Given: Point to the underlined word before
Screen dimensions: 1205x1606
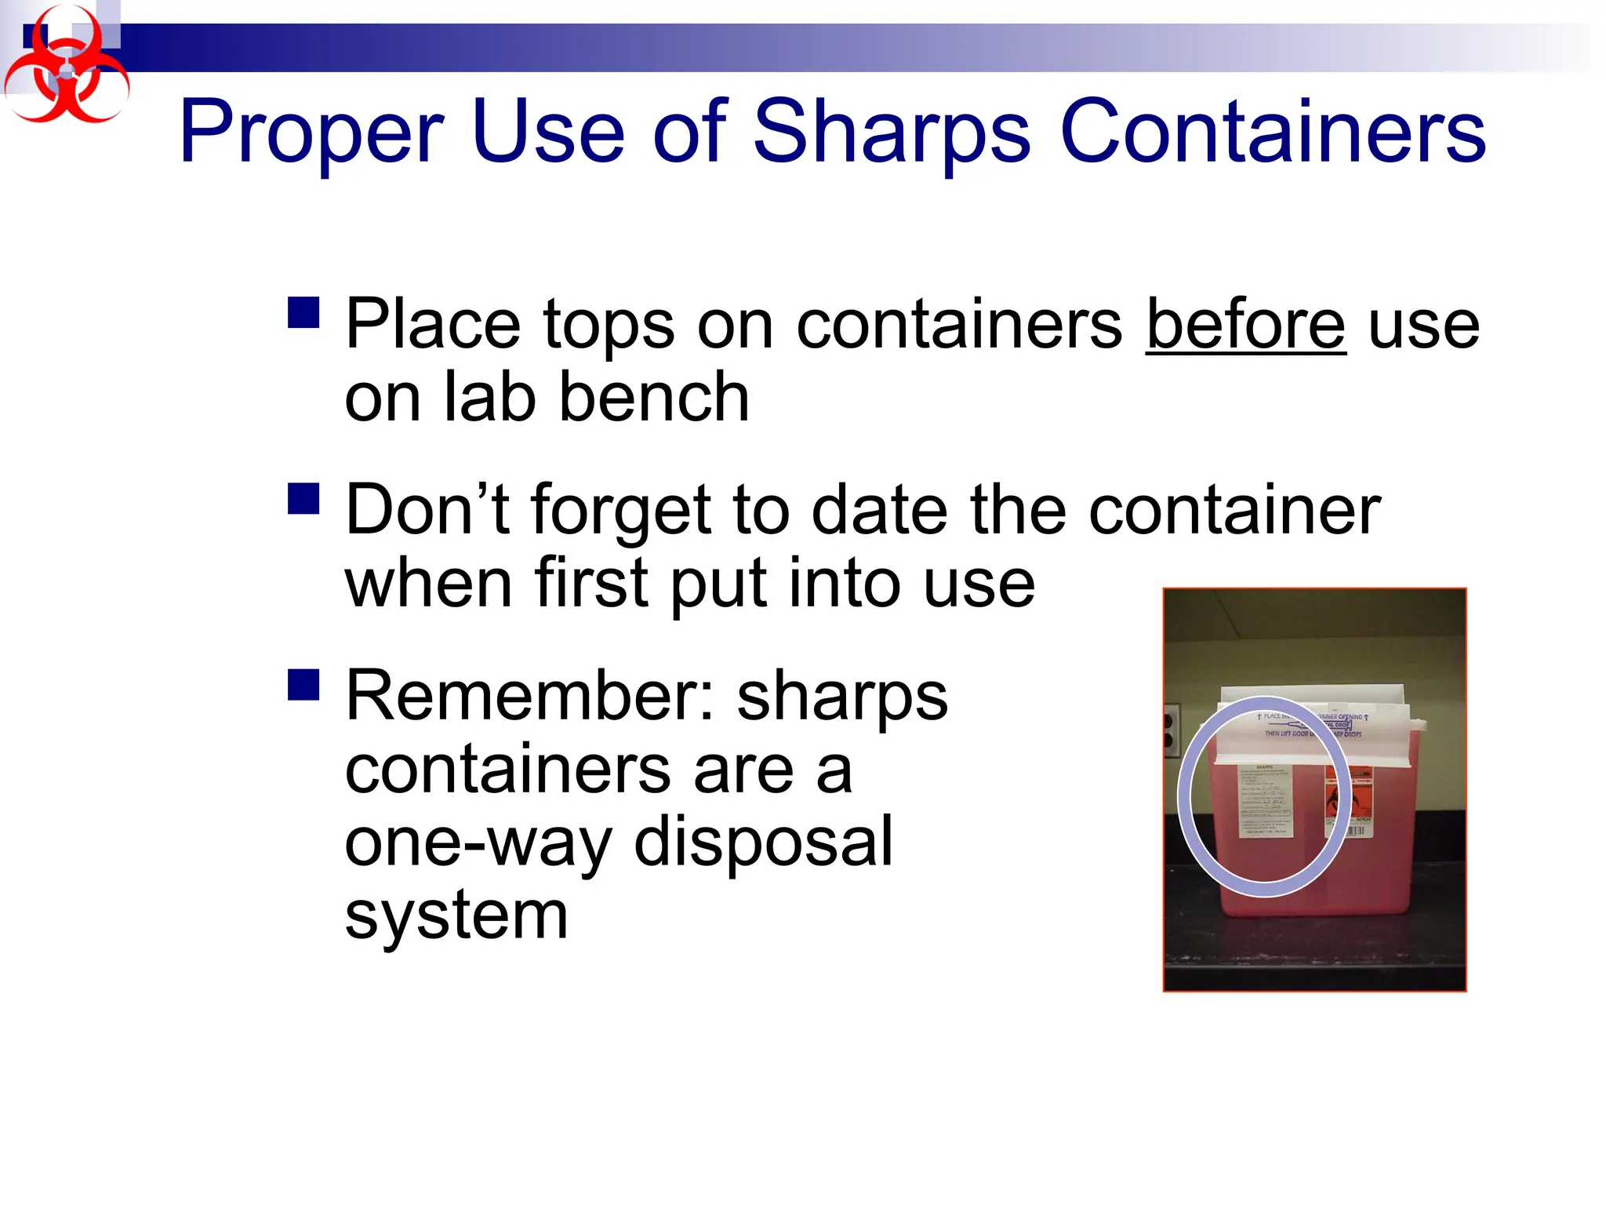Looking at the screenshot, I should (1245, 325).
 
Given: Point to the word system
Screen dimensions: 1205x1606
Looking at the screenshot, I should (456, 916).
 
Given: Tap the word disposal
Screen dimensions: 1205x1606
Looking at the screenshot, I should (763, 843).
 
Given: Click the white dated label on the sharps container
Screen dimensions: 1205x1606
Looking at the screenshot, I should (1265, 800).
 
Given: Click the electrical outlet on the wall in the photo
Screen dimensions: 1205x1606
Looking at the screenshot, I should (1171, 730).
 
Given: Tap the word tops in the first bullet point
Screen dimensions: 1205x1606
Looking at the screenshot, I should (609, 325).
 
